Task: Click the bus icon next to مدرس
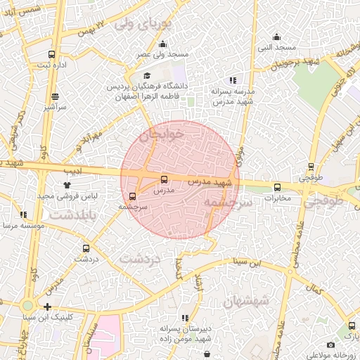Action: coord(164,180)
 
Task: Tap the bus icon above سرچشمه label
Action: coord(133,196)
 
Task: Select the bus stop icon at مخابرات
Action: coord(277,187)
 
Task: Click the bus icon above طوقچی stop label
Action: coord(311,167)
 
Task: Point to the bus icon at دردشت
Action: coord(86,248)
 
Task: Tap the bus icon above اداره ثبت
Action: coord(51,54)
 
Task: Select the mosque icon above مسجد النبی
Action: coord(276,37)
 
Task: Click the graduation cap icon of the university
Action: coord(147,76)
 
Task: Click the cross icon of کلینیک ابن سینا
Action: coord(47,307)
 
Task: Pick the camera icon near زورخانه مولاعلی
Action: coord(330,345)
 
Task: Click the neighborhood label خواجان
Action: coord(162,133)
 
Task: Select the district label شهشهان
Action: coord(246,301)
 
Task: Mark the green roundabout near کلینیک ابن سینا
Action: coord(27,306)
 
